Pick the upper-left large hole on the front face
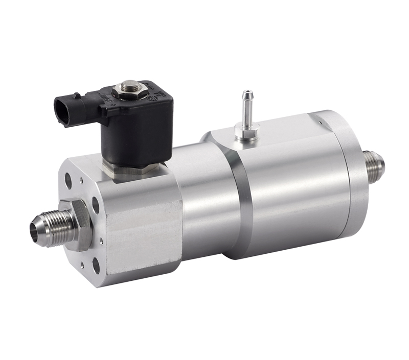pos(68,180)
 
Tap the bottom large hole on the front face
pos(96,265)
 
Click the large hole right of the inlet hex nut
pos(96,204)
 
